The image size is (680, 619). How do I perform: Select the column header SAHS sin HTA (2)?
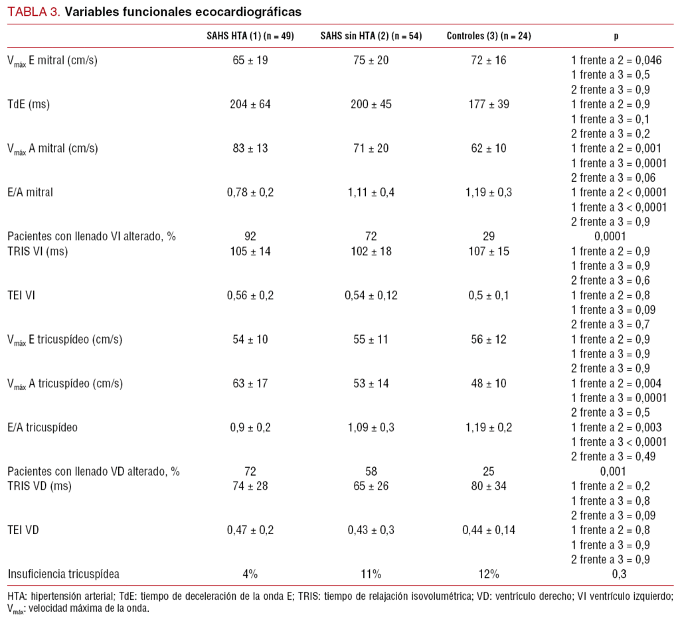[x=371, y=36]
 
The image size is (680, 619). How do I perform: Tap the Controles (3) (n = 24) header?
[x=488, y=36]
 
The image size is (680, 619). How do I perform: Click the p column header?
[x=616, y=36]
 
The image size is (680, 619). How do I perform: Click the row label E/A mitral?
[x=31, y=192]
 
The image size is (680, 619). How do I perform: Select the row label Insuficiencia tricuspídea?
[x=64, y=574]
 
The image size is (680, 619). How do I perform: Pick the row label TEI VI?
[x=22, y=295]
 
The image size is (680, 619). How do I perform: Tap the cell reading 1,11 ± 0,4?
[x=371, y=192]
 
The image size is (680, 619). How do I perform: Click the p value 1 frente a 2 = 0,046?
[x=616, y=60]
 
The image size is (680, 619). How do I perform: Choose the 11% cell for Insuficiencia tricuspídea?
[x=371, y=574]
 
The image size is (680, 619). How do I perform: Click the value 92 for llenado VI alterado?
[x=250, y=236]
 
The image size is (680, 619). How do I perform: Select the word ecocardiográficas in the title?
[x=246, y=12]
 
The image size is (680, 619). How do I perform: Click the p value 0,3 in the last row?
[x=616, y=574]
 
